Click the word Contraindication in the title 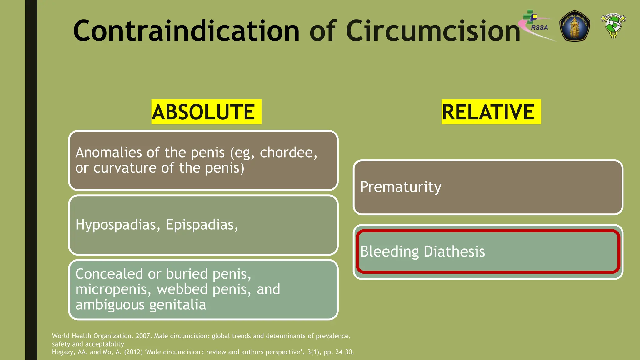click(186, 31)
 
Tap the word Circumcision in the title click(433, 31)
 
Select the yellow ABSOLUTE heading click(206, 112)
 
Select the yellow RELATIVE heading click(491, 112)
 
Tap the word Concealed click(109, 274)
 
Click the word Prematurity click(401, 187)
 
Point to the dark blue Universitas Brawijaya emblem click(574, 26)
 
